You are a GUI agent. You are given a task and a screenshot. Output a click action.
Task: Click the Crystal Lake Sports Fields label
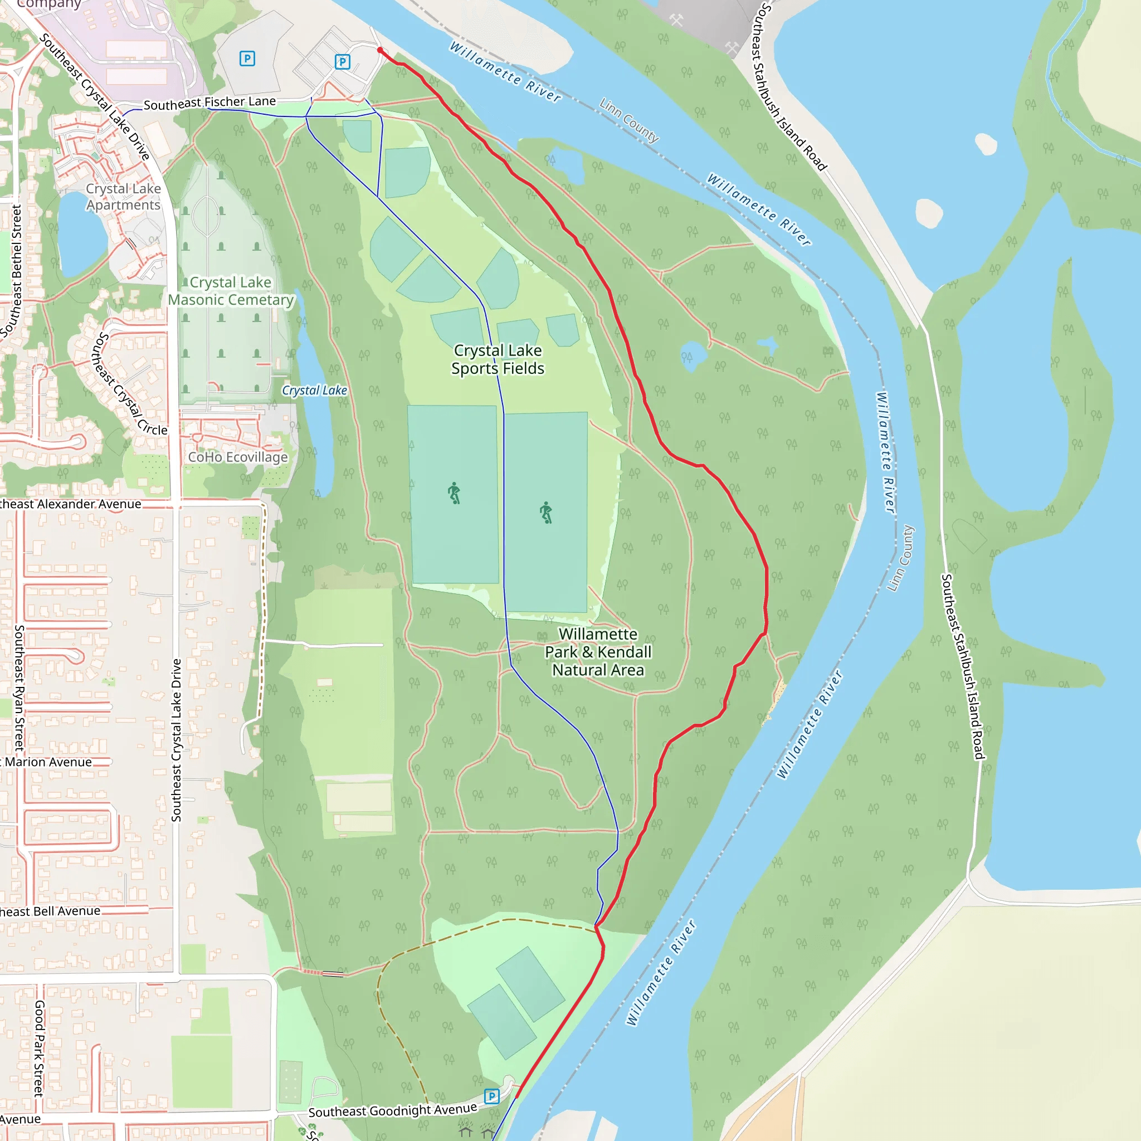[x=498, y=359]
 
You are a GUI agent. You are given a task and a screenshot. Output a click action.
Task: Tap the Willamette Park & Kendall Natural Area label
[x=598, y=651]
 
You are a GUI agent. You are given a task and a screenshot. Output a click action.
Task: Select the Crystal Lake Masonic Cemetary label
[x=231, y=291]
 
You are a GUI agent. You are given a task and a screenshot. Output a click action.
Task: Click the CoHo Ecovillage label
[x=237, y=457]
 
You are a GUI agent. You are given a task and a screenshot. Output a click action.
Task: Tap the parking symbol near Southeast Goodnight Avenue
[x=491, y=1096]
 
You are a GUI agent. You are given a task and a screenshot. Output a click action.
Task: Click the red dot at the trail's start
[x=380, y=50]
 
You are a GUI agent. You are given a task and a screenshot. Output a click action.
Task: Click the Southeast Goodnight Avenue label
[x=392, y=1110]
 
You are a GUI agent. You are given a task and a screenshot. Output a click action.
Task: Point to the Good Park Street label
[x=39, y=1048]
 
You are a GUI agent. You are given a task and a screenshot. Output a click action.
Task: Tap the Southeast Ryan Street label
[x=19, y=687]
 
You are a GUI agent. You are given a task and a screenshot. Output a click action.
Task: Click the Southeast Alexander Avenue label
[x=70, y=504]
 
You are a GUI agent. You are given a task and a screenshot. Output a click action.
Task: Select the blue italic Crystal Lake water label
[x=314, y=391]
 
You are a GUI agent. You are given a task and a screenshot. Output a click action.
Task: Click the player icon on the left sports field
[x=454, y=493]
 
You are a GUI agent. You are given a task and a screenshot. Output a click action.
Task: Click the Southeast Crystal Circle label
[x=129, y=384]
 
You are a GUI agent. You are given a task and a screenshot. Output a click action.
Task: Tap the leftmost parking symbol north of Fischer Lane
[x=247, y=58]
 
